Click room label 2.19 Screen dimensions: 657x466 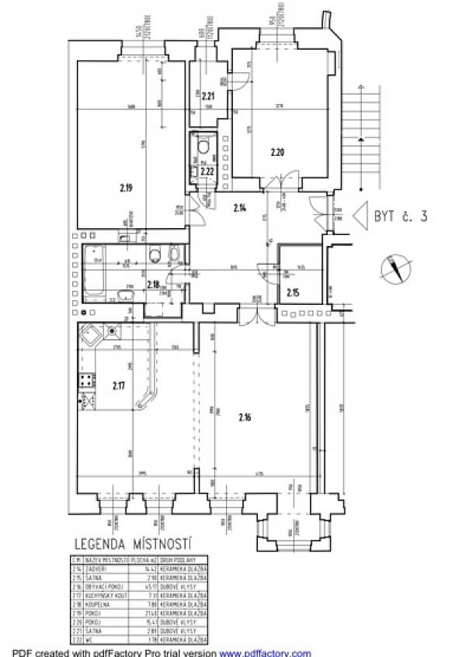point(126,187)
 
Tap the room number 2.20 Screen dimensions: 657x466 point(277,152)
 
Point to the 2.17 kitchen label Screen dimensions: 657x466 point(118,385)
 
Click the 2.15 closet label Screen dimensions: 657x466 point(293,292)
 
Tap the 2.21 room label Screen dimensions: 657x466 point(208,97)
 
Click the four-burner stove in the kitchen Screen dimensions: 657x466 point(85,381)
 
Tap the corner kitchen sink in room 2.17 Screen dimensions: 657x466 point(92,337)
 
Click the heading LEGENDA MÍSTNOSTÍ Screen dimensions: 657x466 point(133,544)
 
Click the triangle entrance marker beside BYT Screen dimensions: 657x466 point(360,214)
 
